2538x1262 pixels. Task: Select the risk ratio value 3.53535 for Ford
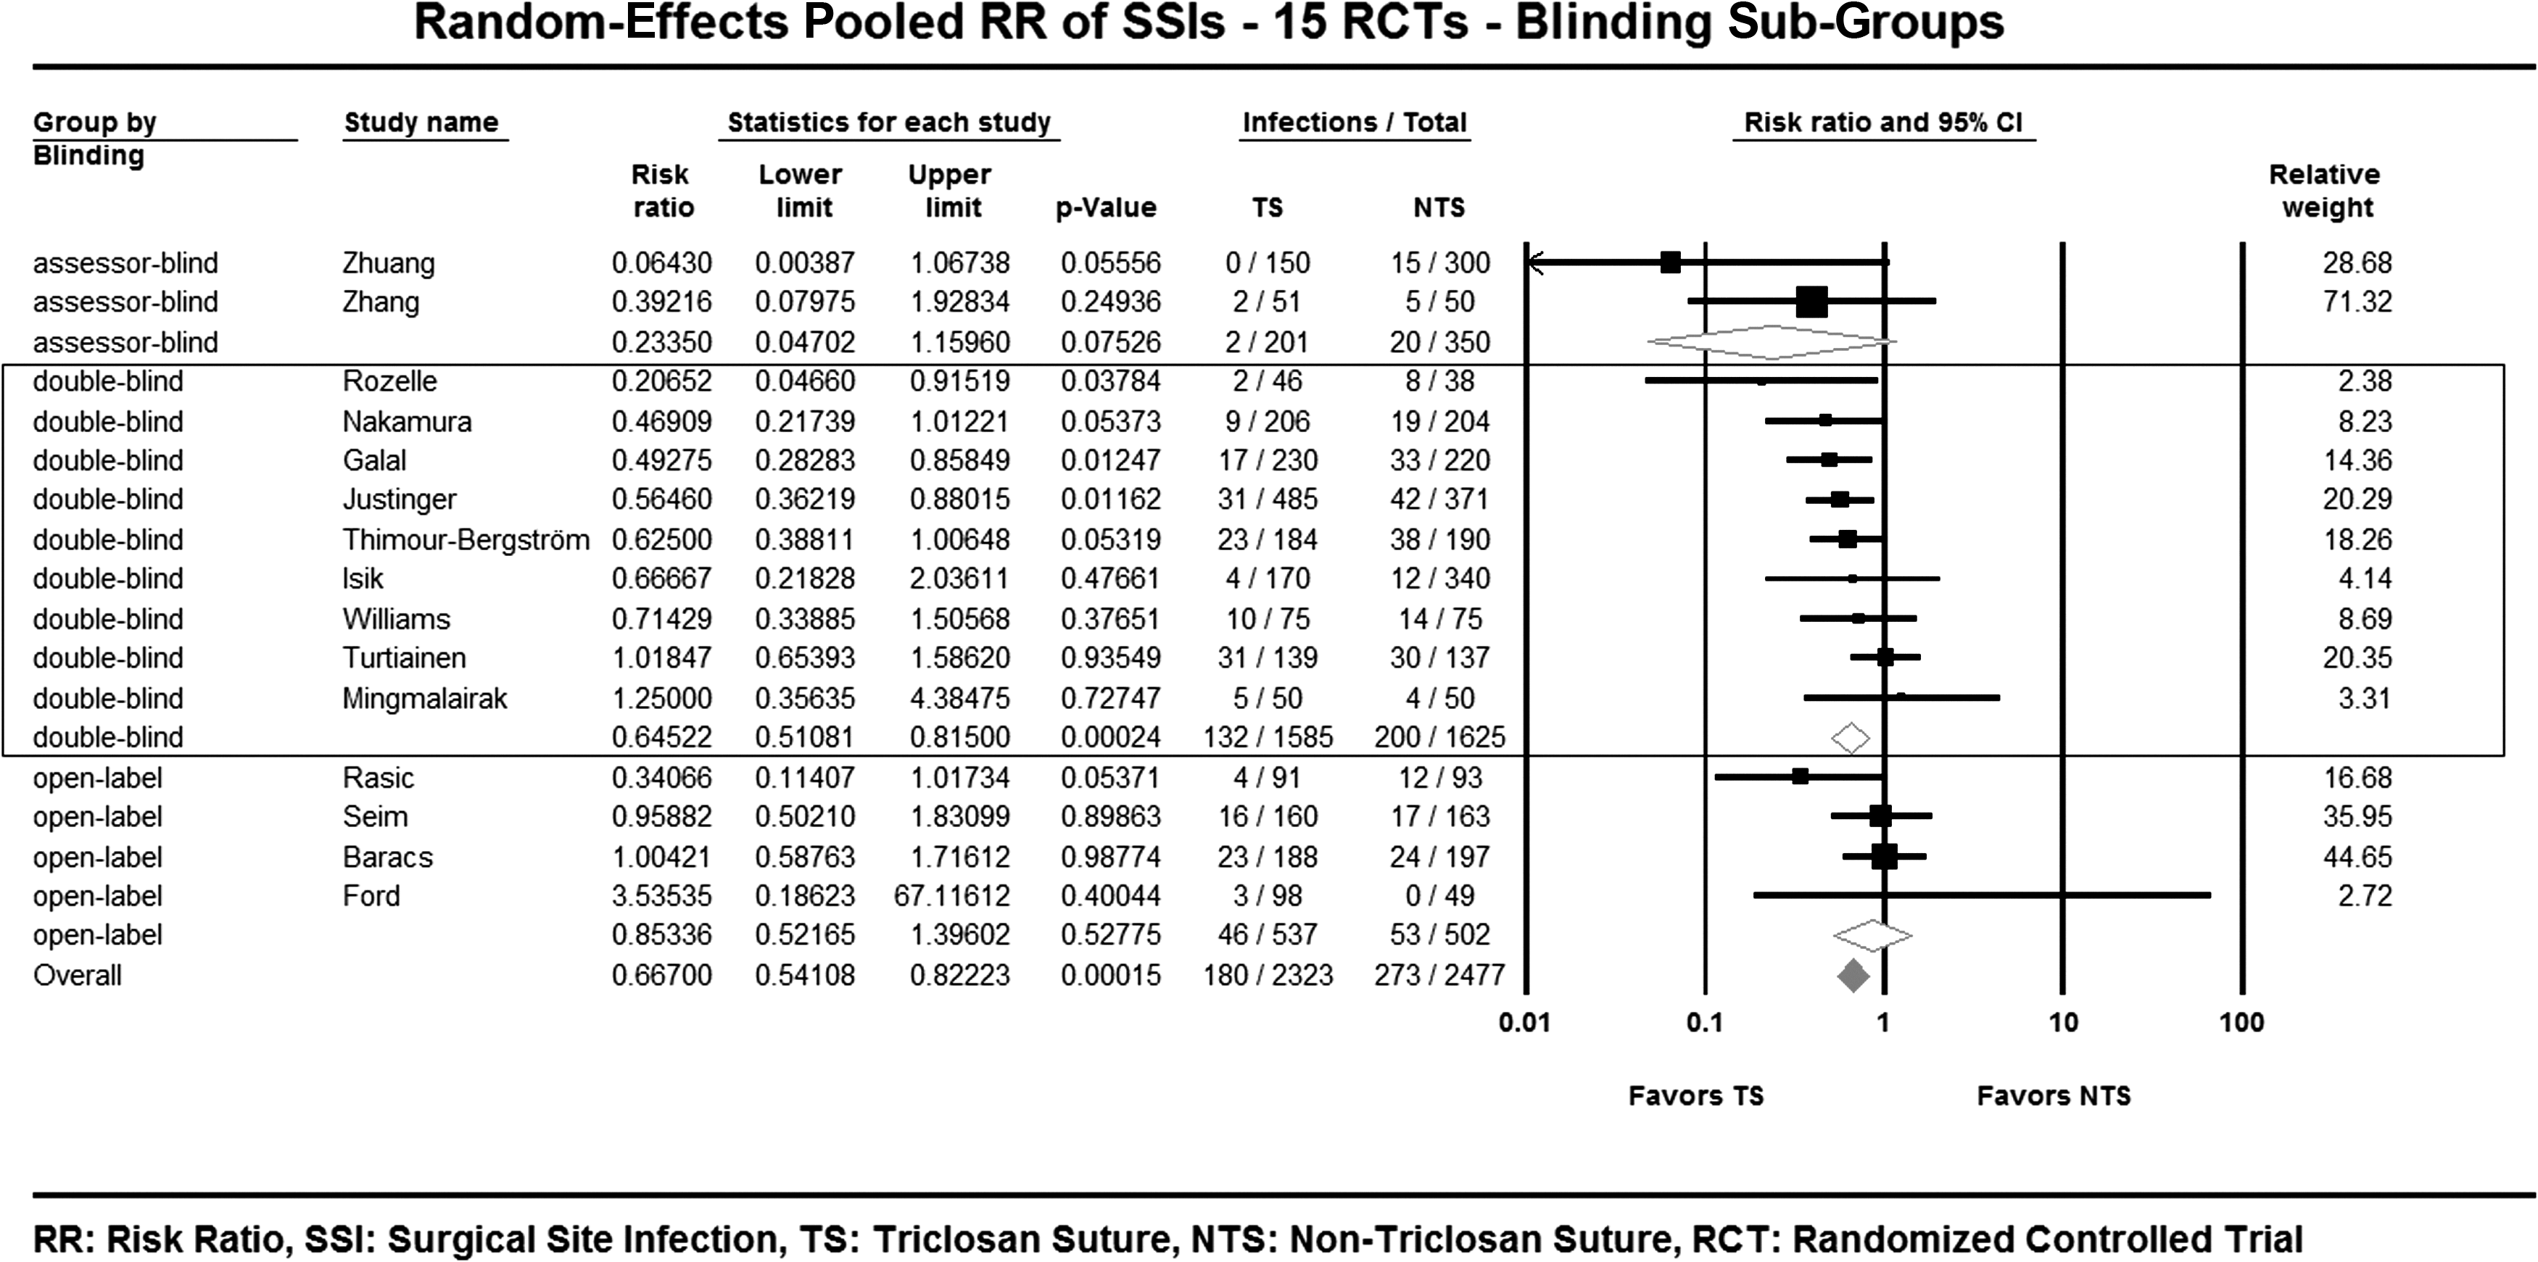point(662,895)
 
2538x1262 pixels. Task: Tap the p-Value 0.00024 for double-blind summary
point(1110,737)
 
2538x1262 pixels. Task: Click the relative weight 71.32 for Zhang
point(2357,302)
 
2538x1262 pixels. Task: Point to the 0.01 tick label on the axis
point(1524,1023)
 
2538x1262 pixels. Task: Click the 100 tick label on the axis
point(2241,1023)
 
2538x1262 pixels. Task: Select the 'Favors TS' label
point(1695,1095)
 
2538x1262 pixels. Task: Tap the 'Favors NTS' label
point(2054,1095)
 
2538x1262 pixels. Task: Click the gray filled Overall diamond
point(1853,976)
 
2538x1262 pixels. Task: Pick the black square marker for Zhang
point(1811,302)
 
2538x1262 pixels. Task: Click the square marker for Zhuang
point(1670,262)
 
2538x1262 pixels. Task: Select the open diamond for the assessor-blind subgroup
point(1772,342)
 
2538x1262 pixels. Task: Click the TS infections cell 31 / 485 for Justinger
point(1267,499)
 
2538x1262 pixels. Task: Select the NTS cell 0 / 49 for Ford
point(1439,895)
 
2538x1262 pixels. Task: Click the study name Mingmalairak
point(425,699)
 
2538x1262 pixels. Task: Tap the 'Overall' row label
point(78,976)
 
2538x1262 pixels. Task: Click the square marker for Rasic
point(1800,776)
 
